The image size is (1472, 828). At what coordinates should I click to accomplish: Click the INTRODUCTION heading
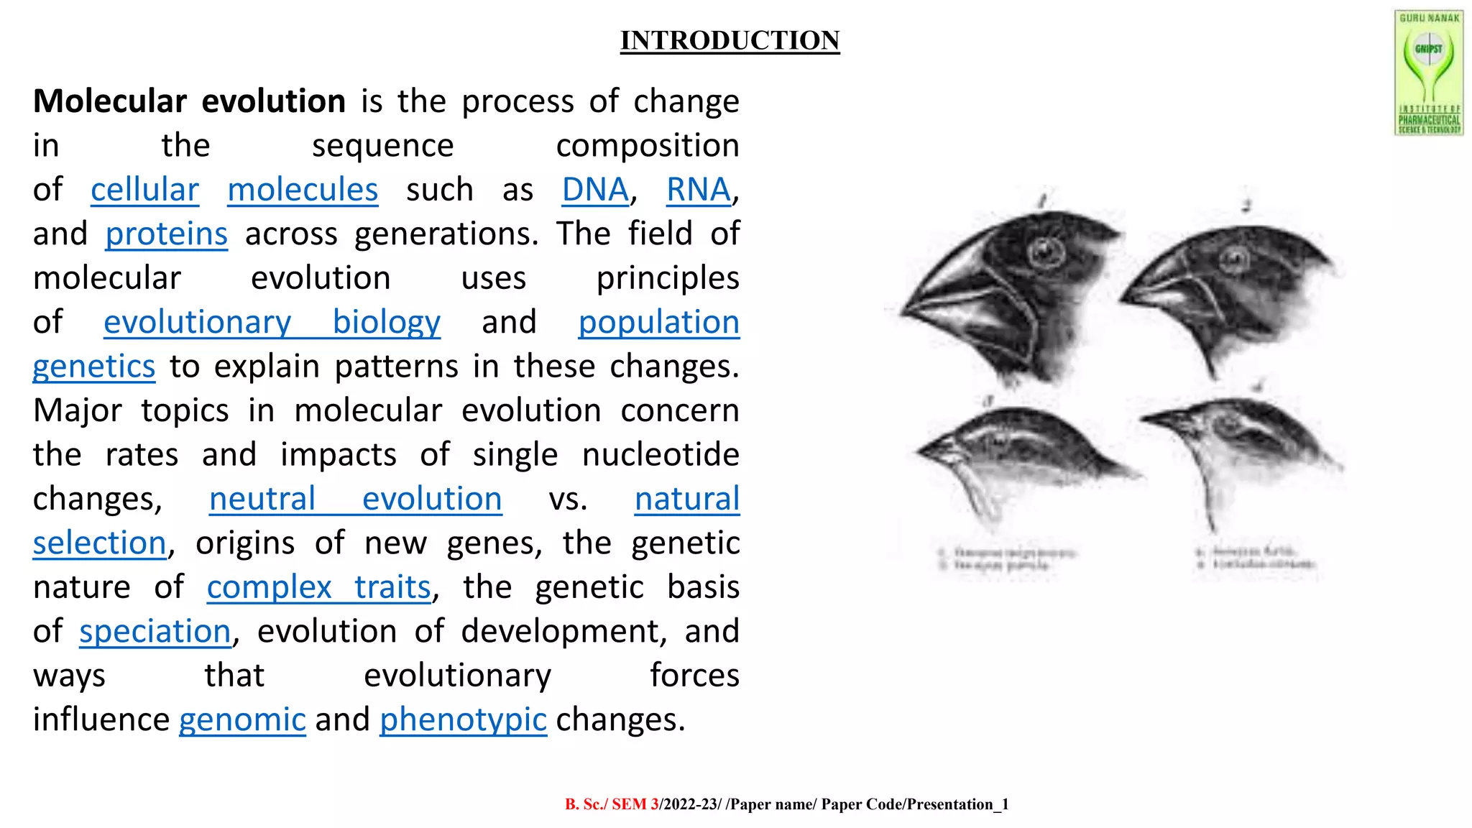730,40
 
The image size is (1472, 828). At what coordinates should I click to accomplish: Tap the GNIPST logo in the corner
1429,73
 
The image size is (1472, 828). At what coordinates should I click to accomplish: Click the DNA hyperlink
595,190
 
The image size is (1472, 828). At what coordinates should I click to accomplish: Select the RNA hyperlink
698,190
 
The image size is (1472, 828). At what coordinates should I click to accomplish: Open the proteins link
166,234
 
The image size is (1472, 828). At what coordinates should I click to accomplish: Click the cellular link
144,190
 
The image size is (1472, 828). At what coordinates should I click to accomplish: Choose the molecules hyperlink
303,190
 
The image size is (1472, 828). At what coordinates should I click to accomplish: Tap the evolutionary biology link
272,323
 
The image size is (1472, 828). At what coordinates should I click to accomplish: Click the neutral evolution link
355,499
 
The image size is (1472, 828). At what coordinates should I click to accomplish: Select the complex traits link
318,587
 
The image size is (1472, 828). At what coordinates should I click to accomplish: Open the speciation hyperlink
155,632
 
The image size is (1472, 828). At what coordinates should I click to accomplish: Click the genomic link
242,719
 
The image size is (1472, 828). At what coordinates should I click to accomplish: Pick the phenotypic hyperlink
463,719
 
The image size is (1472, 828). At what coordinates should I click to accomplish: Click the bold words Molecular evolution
190,101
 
